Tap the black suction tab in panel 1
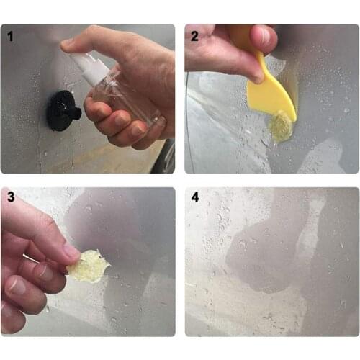(x=61, y=112)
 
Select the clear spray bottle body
(x=119, y=90)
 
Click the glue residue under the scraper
(x=280, y=128)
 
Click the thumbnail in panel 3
(x=71, y=252)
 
